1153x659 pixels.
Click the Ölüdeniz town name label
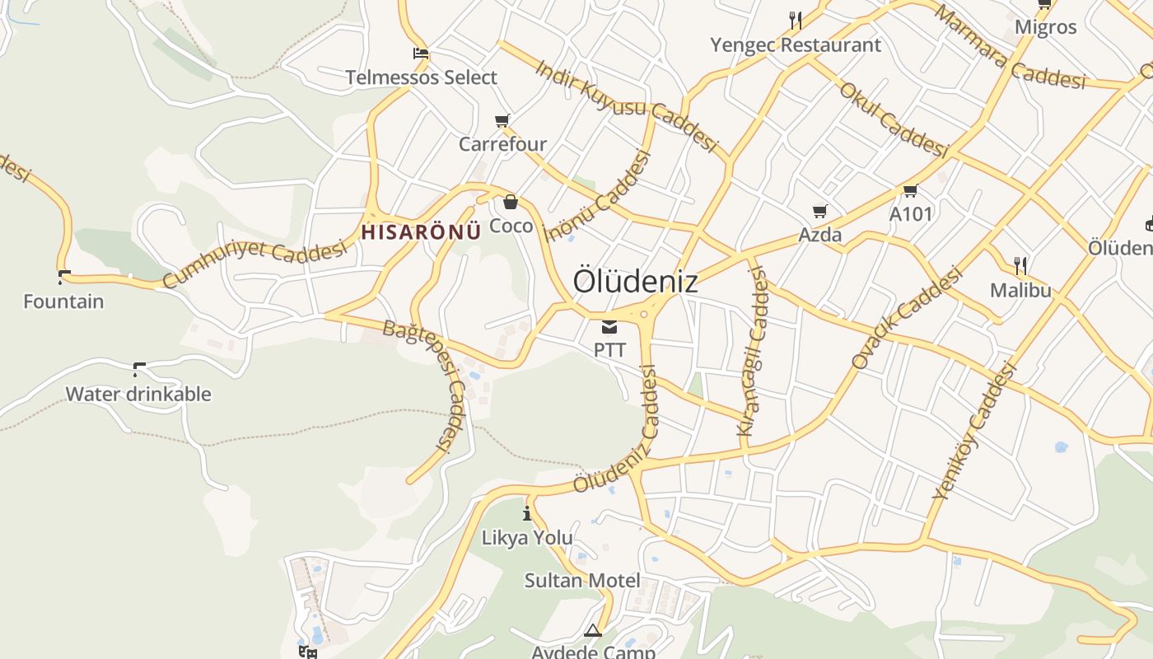(635, 281)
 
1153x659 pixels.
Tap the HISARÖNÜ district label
(421, 231)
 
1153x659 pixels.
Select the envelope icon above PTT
(609, 327)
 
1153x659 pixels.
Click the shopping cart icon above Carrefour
(502, 121)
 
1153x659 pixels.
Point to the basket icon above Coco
(511, 202)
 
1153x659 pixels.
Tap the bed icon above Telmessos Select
(421, 54)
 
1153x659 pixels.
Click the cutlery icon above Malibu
(1020, 266)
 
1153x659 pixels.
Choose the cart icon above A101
(910, 191)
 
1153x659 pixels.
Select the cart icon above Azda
(819, 212)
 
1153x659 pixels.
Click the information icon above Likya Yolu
(527, 515)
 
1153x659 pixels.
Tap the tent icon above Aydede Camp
(593, 631)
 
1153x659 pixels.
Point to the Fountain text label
(63, 301)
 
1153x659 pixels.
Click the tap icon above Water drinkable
(138, 369)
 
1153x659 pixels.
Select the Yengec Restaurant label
(796, 44)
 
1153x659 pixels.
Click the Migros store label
(1045, 26)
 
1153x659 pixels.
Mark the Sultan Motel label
(582, 581)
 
